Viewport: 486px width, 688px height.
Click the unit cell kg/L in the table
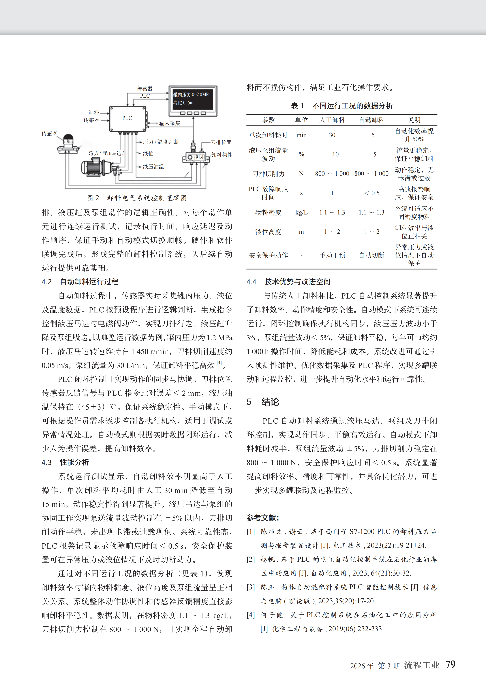coord(301,212)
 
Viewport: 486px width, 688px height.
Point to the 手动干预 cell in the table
coord(332,255)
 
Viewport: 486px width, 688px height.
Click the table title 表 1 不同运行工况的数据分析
coord(342,106)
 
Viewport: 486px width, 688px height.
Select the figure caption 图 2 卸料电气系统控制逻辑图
coord(137,198)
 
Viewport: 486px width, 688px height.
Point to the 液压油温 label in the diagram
coord(153,167)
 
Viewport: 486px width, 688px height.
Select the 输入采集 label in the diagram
coord(169,123)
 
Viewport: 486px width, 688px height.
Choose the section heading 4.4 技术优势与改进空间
coord(288,282)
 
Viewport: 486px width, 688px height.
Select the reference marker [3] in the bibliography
coord(251,587)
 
